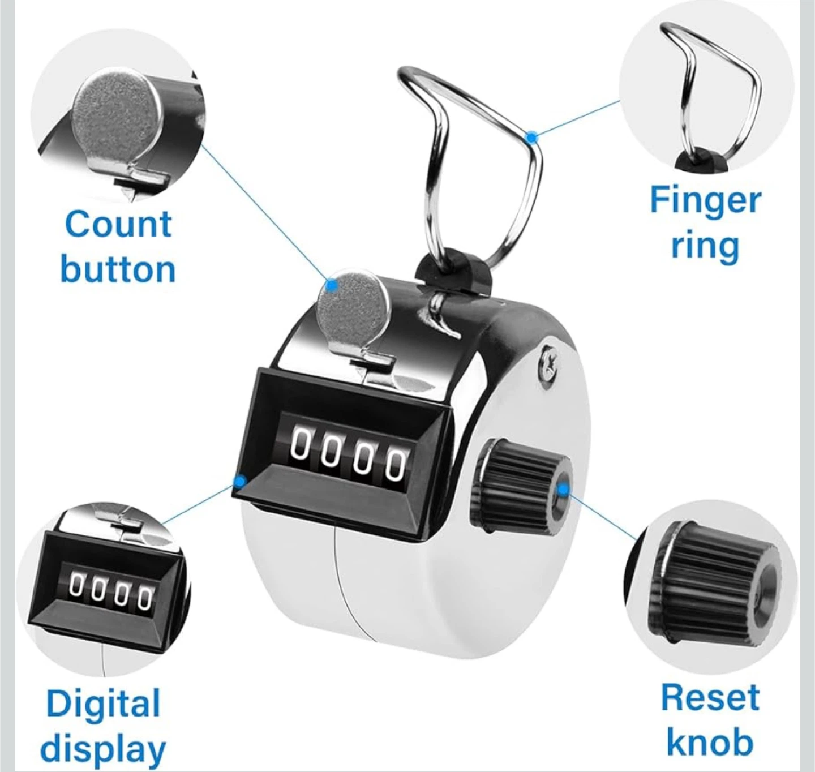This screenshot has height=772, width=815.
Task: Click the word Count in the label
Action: (118, 224)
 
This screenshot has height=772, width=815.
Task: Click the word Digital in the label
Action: (103, 704)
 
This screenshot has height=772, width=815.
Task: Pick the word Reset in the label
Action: (710, 697)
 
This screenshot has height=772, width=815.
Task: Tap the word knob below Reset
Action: (710, 742)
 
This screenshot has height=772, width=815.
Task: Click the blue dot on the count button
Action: (331, 285)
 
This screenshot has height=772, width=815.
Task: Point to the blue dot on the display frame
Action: (239, 481)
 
